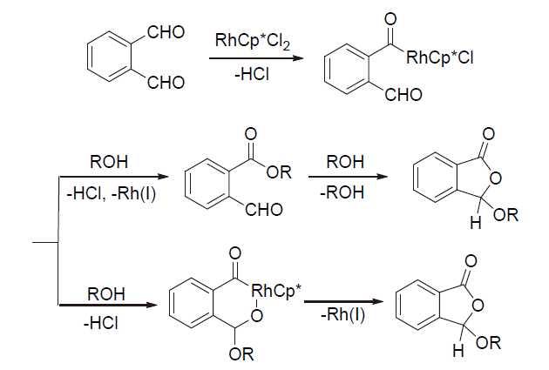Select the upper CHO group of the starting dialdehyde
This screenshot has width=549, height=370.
(166, 33)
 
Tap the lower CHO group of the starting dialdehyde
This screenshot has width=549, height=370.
(166, 84)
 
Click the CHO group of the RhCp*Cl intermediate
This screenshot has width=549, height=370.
(403, 95)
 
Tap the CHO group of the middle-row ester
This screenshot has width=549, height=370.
(267, 210)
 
